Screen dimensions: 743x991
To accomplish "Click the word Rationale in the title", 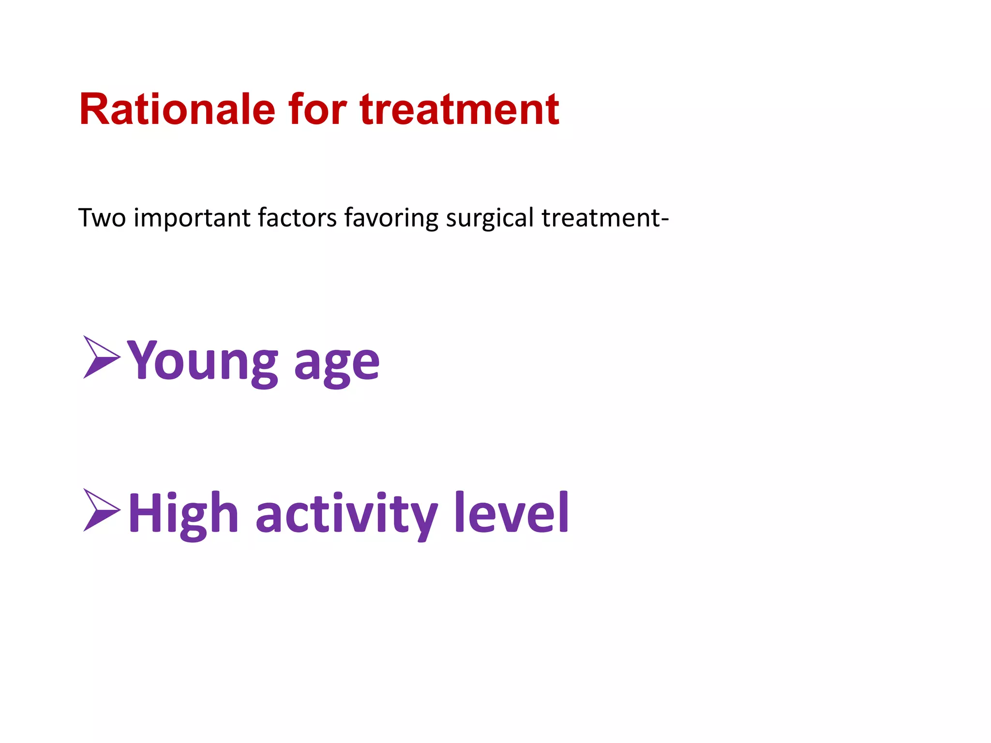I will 177,110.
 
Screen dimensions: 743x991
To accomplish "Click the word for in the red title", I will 317,110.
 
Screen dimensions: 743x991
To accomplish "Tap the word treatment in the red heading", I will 459,110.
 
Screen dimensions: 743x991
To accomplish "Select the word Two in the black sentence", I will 102,218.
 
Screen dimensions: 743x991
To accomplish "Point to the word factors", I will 297,218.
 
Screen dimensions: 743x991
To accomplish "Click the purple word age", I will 337,366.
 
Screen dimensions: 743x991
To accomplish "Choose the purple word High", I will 183,514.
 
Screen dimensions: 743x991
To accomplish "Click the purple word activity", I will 346,514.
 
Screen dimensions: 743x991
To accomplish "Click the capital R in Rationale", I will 95,110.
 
